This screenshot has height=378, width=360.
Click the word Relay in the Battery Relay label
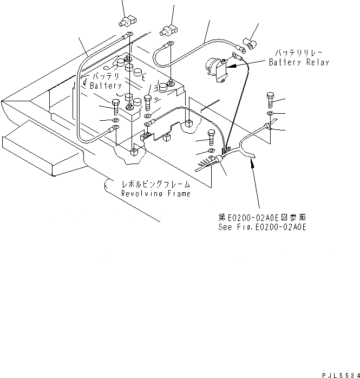point(317,62)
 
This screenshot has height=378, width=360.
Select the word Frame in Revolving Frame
point(178,193)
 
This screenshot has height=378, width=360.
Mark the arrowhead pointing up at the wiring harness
point(251,162)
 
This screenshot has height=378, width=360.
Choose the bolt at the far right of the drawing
point(271,101)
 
